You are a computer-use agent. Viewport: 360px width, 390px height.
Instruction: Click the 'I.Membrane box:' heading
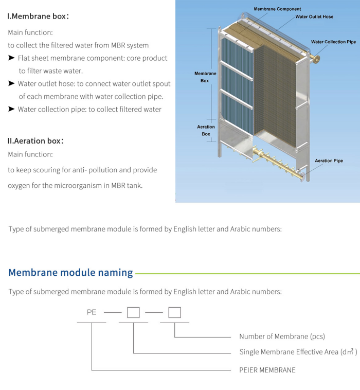pos(38,16)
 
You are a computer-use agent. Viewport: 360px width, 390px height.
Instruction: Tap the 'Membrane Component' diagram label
pos(277,9)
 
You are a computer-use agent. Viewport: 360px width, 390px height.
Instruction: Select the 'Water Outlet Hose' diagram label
pos(314,17)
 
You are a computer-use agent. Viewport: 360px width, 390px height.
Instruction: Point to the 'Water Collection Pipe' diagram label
pos(333,42)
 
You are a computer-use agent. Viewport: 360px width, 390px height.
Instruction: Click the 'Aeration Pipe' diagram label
pos(329,161)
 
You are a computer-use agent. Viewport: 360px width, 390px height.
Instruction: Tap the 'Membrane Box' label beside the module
pos(205,77)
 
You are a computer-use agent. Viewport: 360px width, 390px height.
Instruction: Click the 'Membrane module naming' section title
pos(70,272)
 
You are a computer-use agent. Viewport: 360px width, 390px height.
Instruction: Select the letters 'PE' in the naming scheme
pos(92,312)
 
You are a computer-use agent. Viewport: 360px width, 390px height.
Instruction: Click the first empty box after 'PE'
pos(133,312)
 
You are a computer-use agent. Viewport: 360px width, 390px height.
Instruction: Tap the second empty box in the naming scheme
pos(174,312)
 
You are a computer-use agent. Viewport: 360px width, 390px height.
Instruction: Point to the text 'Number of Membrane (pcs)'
pos(282,336)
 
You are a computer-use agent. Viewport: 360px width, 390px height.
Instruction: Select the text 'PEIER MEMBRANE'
pos(267,369)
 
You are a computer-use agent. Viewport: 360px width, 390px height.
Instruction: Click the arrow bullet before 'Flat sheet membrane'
pos(11,58)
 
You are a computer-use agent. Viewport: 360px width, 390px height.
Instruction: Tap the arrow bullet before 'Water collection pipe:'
pos(11,109)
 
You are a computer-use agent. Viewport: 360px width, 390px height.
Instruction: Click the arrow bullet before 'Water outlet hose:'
pos(11,83)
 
